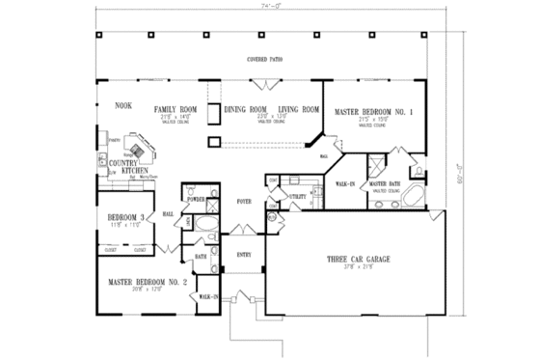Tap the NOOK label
[122, 104]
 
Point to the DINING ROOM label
[245, 111]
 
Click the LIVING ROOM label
[298, 111]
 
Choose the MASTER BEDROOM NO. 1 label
[373, 113]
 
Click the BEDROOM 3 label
[121, 217]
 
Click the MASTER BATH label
[385, 183]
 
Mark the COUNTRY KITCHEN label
[127, 167]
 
